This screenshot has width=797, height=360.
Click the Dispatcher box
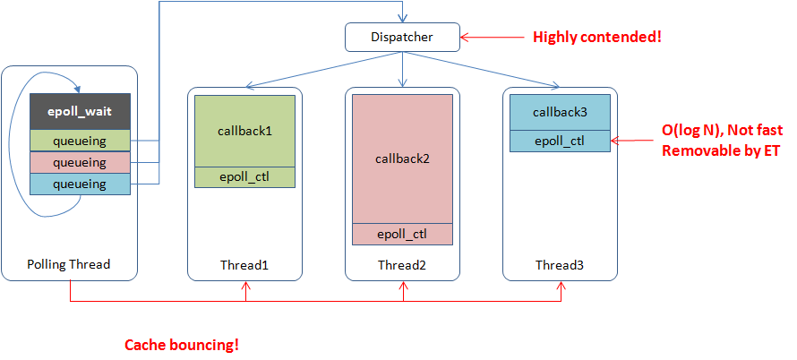[x=402, y=37]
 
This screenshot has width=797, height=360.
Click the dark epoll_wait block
[x=81, y=112]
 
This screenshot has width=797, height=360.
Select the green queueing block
[x=81, y=141]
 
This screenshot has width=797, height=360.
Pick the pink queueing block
[x=81, y=162]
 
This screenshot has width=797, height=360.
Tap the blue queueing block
[x=81, y=184]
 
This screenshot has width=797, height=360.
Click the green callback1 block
[x=244, y=131]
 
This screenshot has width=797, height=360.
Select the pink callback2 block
[x=402, y=158]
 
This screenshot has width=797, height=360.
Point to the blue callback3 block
[x=560, y=112]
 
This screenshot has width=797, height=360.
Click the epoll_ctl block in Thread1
[x=244, y=177]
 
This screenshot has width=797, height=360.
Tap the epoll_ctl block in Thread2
[x=402, y=235]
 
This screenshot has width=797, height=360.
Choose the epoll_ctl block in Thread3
[x=560, y=141]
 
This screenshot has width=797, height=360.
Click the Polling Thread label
[x=69, y=264]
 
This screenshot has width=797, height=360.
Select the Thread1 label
[x=244, y=264]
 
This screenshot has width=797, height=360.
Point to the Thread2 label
[x=402, y=264]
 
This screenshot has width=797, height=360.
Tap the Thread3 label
[x=560, y=264]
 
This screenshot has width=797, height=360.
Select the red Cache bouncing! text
[x=182, y=345]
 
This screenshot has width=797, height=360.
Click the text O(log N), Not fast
[x=721, y=131]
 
